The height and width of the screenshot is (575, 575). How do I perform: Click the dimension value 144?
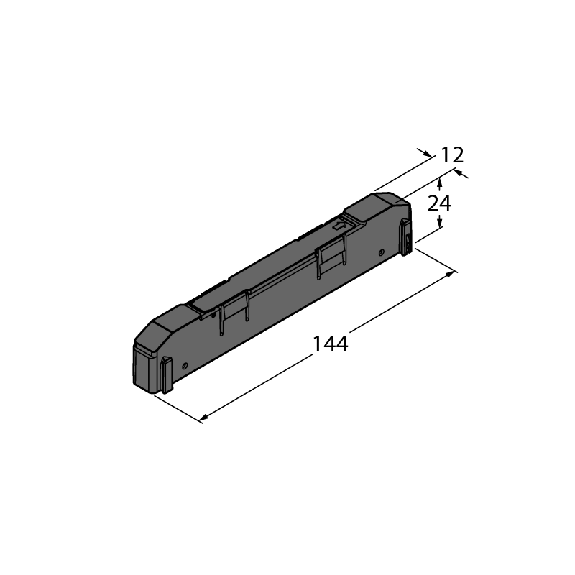[330, 344]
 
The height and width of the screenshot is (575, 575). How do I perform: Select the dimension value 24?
[439, 203]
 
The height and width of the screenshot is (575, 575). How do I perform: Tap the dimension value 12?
[452, 155]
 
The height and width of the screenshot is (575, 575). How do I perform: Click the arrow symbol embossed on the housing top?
[339, 225]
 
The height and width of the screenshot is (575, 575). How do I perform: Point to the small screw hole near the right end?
[382, 252]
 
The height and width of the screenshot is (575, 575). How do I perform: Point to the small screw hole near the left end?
[185, 366]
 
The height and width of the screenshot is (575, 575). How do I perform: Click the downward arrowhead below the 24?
[440, 221]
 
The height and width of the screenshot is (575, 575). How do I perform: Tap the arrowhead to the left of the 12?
[427, 154]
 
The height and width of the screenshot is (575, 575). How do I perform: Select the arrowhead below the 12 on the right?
[459, 172]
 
